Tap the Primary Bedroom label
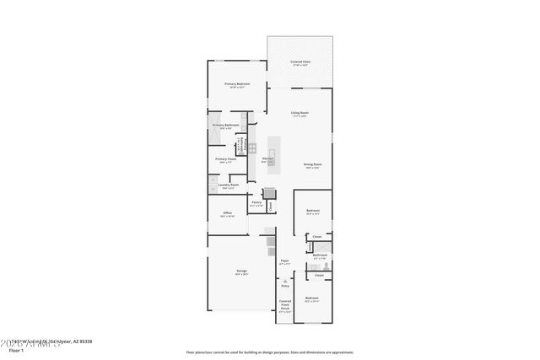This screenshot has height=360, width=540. (x=237, y=84)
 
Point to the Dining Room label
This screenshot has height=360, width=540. (x=312, y=164)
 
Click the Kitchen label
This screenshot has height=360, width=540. (x=267, y=159)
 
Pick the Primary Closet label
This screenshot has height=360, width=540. (x=225, y=159)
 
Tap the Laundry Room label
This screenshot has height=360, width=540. (x=228, y=185)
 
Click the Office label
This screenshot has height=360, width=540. (x=227, y=213)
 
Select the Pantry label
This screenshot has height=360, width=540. (x=256, y=202)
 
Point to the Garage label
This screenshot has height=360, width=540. (x=241, y=271)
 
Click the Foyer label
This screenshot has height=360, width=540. (x=284, y=261)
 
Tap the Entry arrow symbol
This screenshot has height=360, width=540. (x=284, y=282)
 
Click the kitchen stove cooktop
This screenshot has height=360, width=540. (x=251, y=148)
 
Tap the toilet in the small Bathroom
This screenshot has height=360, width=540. (x=324, y=265)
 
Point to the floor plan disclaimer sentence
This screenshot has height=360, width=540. (x=270, y=352)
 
